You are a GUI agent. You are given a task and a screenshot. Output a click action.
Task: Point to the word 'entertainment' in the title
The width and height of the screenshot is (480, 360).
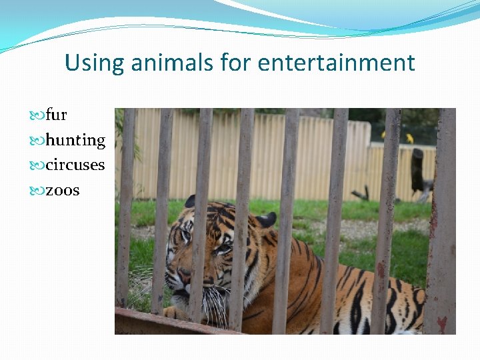(x=336, y=63)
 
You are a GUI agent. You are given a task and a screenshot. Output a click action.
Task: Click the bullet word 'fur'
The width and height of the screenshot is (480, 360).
(x=57, y=115)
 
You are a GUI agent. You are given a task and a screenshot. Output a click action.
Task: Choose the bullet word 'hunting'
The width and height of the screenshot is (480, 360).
(x=75, y=140)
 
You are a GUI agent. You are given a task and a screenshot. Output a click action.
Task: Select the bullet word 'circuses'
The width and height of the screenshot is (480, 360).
(x=75, y=165)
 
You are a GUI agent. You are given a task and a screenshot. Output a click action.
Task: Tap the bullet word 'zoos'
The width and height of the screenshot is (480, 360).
(x=63, y=190)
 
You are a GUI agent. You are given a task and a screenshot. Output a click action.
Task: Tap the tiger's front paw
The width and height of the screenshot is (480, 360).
(x=175, y=312)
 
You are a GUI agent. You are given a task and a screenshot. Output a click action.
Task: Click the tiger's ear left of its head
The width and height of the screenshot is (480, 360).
(x=190, y=201)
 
